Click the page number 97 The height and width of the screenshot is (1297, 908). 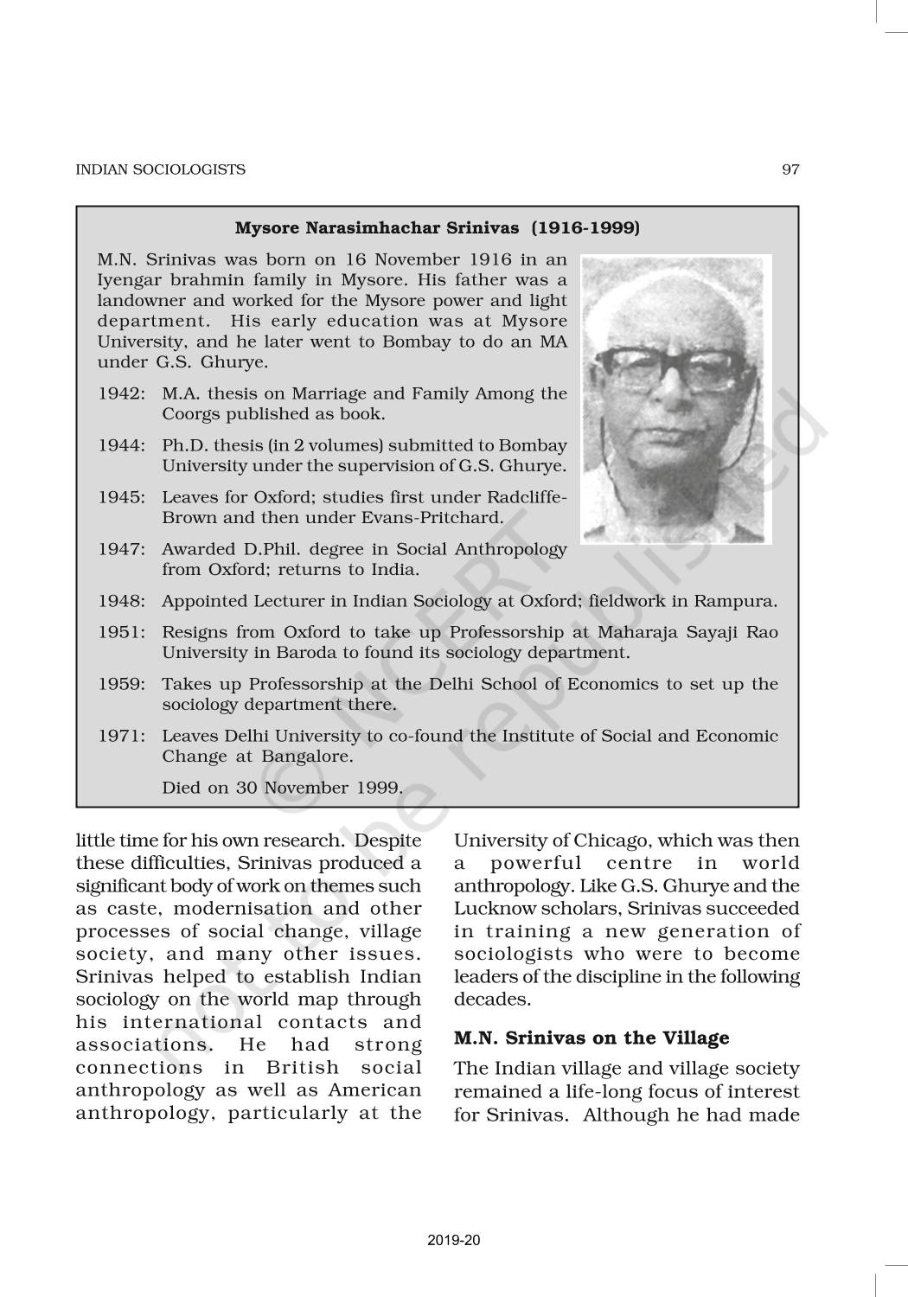(x=790, y=169)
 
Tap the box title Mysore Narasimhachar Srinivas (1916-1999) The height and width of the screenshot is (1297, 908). (x=438, y=228)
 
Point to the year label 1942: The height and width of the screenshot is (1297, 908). (x=120, y=393)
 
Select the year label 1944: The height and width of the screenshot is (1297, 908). (x=120, y=445)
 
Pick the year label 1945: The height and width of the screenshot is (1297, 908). (x=120, y=497)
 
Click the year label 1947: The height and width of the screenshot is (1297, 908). (x=120, y=549)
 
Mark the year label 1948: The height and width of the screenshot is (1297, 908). (x=120, y=601)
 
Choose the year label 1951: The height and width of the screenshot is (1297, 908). (x=120, y=632)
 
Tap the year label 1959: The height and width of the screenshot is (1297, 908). (x=120, y=684)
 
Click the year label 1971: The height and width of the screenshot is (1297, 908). (x=120, y=736)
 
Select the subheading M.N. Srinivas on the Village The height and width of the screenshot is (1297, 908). (x=591, y=1038)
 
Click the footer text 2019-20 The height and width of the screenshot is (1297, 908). (x=453, y=1241)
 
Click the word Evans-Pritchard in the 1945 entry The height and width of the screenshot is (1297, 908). (x=439, y=518)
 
